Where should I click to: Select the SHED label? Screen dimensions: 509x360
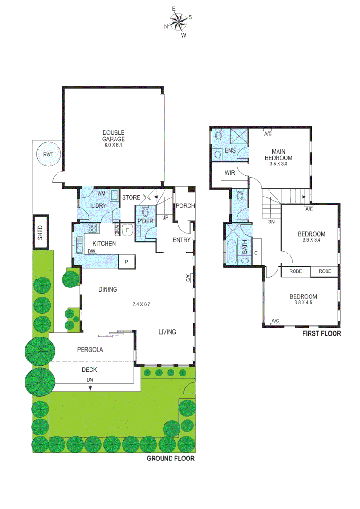coord(40,232)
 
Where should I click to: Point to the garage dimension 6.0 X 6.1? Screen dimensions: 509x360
coord(114,145)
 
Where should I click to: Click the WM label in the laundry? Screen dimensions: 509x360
coord(101,193)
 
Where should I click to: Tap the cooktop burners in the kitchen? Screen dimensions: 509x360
coord(92,229)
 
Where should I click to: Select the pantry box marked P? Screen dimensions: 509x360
coord(127,262)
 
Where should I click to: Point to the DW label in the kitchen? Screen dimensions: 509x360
coord(91,251)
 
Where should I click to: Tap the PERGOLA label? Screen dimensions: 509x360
coord(90,350)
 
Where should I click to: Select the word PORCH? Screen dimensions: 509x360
coord(185,206)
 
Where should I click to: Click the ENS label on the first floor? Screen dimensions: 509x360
coord(230,150)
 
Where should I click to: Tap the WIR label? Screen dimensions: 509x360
coord(230,173)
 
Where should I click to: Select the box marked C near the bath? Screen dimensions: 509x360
coord(256,253)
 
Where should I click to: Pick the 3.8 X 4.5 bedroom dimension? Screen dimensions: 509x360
coord(303,303)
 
